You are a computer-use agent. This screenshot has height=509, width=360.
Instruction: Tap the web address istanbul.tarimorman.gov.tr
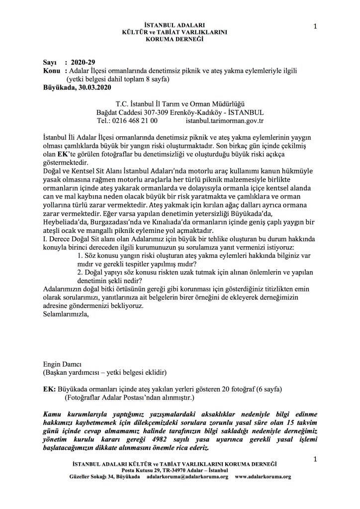224,120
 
